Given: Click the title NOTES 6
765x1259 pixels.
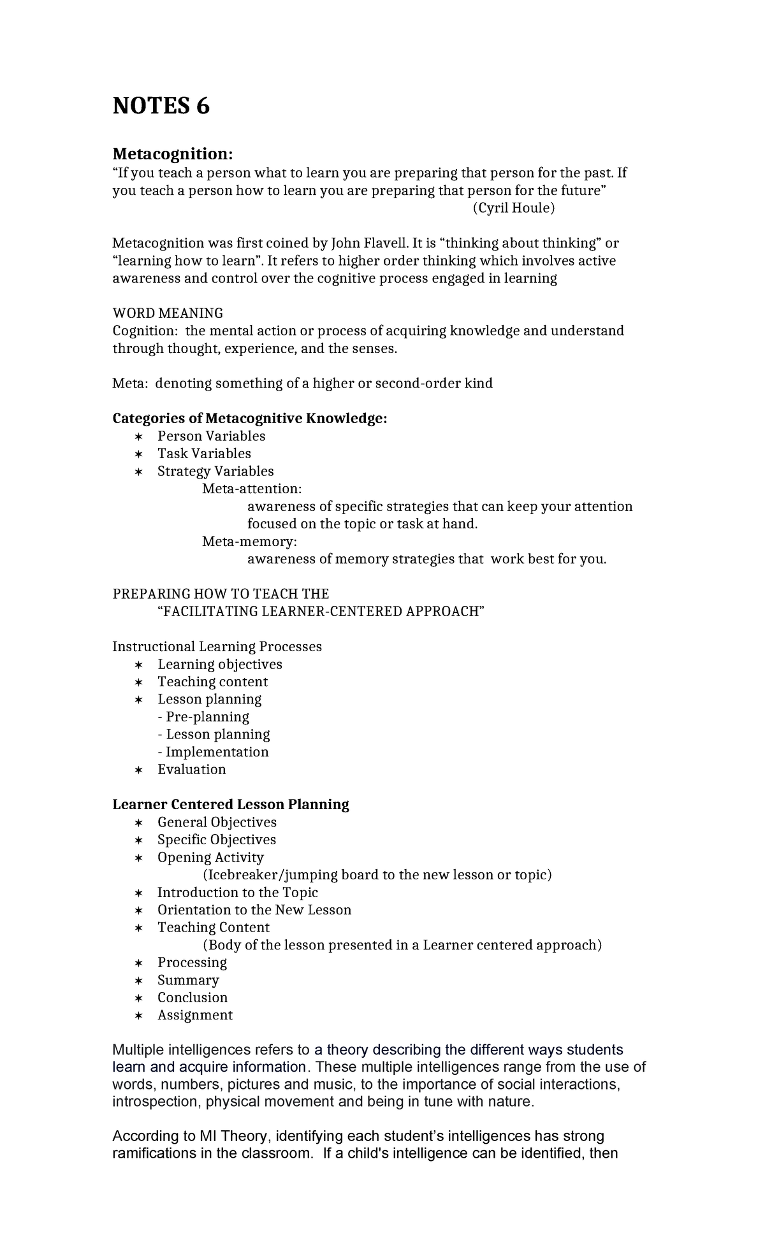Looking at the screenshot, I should (x=161, y=106).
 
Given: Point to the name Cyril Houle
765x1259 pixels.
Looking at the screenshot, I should (x=514, y=208).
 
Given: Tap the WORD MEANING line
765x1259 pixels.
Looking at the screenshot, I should (x=168, y=313).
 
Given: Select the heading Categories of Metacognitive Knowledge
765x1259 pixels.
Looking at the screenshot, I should (x=249, y=419).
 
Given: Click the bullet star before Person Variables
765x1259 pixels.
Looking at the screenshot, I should (x=139, y=436).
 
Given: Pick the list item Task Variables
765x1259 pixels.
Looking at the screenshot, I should (x=204, y=454).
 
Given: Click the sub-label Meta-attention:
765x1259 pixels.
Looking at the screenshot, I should (x=252, y=489).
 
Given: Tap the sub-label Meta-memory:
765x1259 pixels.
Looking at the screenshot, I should (x=249, y=542).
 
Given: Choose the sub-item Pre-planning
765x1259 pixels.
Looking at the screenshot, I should (x=203, y=717).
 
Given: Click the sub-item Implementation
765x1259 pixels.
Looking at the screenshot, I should (x=213, y=752).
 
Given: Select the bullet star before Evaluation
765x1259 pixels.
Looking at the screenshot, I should (x=139, y=770).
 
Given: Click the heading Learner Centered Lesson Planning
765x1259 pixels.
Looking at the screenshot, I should (x=230, y=805).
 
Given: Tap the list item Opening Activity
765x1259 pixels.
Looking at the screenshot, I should (x=210, y=858).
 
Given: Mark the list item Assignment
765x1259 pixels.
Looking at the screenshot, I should (x=195, y=1015).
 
